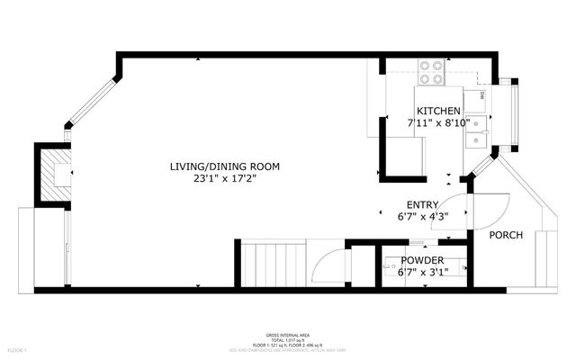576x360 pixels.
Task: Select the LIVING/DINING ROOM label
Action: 225,166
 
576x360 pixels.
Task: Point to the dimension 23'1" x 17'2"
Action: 225,178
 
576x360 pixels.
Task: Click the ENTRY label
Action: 422,204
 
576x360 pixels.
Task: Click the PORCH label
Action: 506,235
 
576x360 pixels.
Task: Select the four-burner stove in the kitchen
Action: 431,71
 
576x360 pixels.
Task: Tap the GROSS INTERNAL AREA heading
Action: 288,332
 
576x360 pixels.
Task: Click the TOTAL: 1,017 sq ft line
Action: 288,337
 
